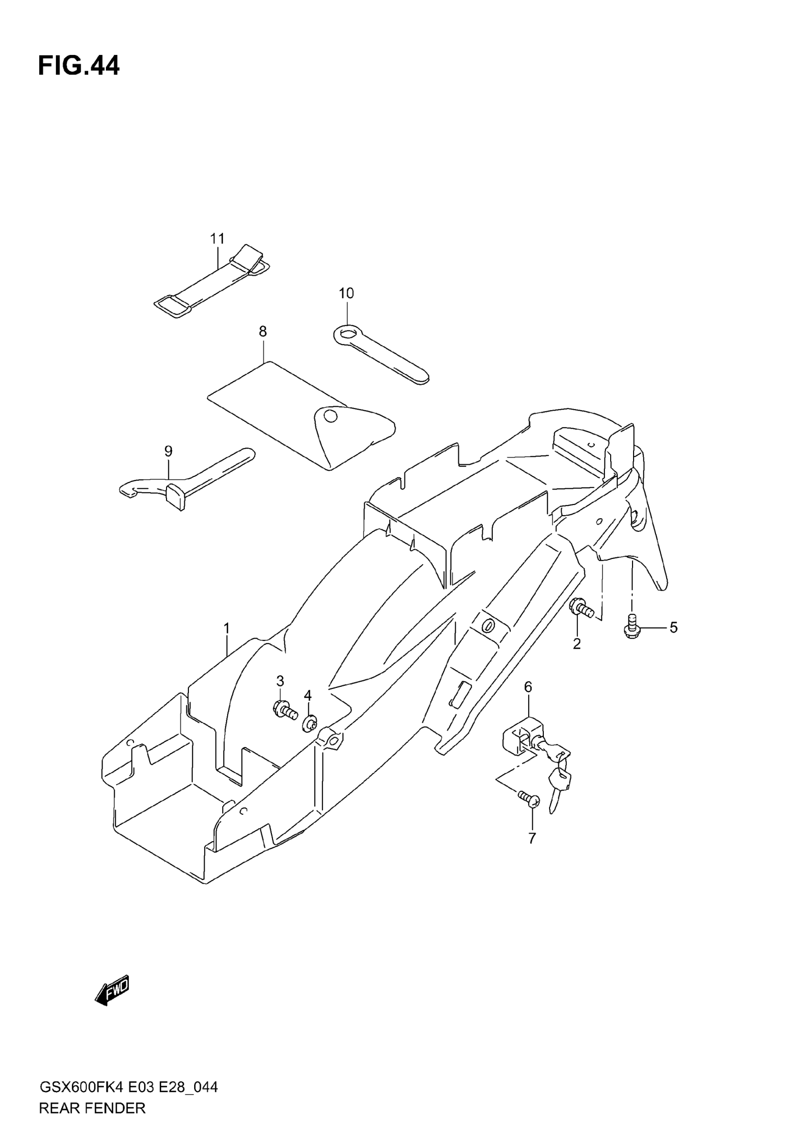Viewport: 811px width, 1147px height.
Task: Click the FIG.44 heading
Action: (79, 66)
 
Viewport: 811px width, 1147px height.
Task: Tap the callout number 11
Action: (217, 239)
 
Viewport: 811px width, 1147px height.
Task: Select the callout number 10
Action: (346, 293)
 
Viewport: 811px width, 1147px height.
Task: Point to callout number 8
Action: (263, 331)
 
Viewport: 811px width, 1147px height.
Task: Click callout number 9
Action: (168, 451)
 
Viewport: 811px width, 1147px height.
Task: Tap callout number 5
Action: (674, 628)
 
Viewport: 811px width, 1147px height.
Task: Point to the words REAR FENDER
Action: (92, 1108)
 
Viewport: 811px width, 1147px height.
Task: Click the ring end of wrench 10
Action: (346, 333)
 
